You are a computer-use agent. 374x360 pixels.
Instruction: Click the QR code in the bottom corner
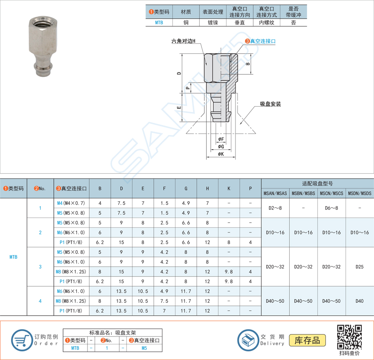(349, 337)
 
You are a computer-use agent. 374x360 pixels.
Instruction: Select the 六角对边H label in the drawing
(183, 42)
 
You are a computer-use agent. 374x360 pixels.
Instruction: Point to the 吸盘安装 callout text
(270, 104)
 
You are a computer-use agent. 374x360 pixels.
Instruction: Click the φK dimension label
(221, 154)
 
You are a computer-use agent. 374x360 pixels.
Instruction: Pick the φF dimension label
(221, 139)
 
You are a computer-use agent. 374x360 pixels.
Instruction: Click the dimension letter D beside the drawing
(178, 73)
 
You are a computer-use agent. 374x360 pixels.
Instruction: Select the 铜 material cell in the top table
(186, 23)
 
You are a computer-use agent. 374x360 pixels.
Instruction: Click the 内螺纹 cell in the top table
(266, 23)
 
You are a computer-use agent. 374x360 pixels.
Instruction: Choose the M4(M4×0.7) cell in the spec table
(71, 203)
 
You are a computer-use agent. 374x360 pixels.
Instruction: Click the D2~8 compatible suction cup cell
(275, 208)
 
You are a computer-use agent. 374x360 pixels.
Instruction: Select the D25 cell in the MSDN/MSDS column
(360, 267)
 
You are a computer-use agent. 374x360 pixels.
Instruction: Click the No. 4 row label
(40, 301)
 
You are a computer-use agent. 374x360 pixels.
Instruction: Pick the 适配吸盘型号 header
(317, 183)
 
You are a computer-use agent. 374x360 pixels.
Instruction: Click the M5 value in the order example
(144, 348)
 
